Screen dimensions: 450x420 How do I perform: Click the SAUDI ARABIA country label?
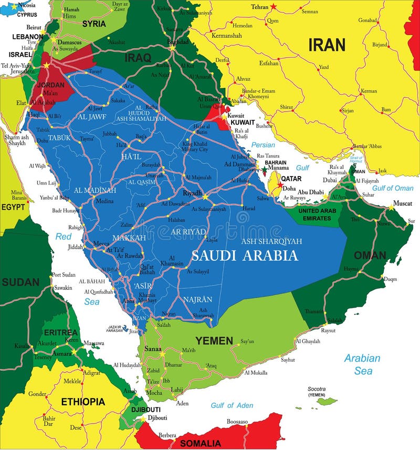245,256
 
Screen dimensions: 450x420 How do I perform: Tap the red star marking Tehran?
274,7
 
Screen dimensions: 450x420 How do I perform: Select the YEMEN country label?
214,341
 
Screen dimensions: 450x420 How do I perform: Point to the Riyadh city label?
192,193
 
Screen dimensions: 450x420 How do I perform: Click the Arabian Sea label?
362,364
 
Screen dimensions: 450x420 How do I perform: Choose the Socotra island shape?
327,402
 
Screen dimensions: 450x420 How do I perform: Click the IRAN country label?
327,45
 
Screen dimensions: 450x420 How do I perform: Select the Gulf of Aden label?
232,405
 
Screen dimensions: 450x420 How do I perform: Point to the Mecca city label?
101,243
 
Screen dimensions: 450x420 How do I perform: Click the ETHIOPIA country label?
83,402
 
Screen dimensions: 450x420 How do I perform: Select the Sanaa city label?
152,349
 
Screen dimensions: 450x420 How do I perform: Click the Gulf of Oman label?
393,188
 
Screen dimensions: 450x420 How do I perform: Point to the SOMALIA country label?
201,443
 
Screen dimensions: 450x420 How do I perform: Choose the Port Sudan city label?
64,275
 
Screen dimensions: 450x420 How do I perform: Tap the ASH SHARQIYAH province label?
272,241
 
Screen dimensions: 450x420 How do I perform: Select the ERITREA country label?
60,332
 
